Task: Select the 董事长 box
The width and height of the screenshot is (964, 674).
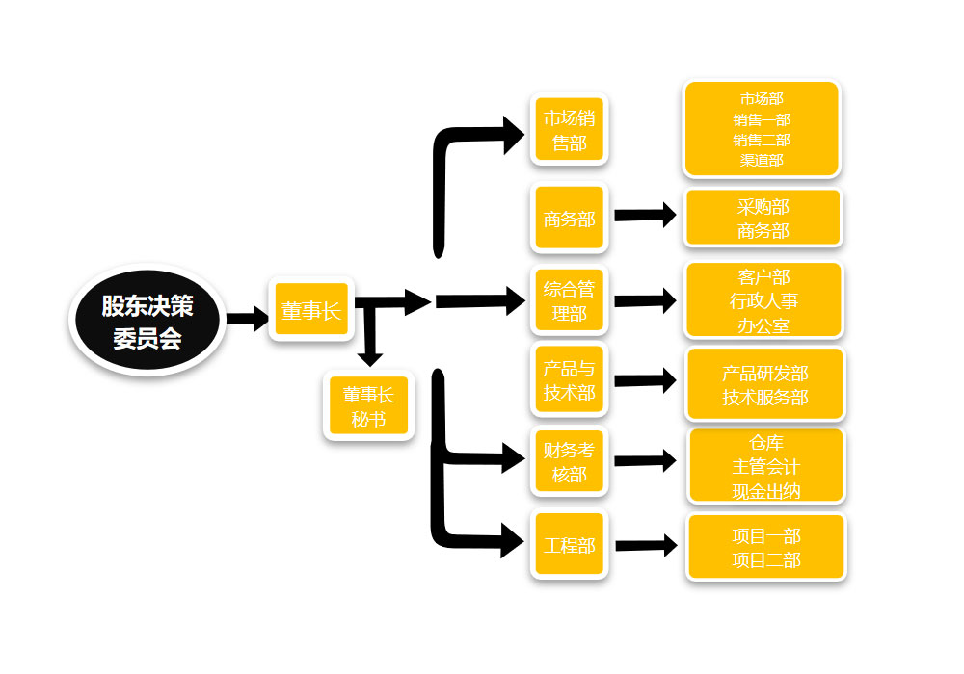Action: tap(310, 310)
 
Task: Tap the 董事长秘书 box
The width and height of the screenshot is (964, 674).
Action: tap(368, 405)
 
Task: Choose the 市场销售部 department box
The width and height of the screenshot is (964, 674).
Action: tap(569, 131)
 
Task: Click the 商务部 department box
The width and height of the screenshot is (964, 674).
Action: tap(569, 219)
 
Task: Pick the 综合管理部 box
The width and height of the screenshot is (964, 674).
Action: tap(569, 300)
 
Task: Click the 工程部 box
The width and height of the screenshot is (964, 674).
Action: tap(569, 545)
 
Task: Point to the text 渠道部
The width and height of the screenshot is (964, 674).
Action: tap(762, 160)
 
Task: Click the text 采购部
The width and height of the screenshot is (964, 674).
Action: tap(763, 207)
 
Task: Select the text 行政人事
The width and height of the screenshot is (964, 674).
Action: tap(763, 301)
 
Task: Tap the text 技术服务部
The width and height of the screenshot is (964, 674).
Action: tap(764, 397)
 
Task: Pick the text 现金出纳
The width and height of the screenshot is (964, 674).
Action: tap(765, 491)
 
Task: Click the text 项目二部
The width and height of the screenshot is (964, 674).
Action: tap(765, 559)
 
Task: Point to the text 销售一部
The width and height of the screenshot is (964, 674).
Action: tap(762, 119)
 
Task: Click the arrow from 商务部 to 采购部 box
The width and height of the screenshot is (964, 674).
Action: tap(646, 216)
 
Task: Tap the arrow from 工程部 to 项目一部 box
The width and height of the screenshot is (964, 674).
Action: tap(646, 546)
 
